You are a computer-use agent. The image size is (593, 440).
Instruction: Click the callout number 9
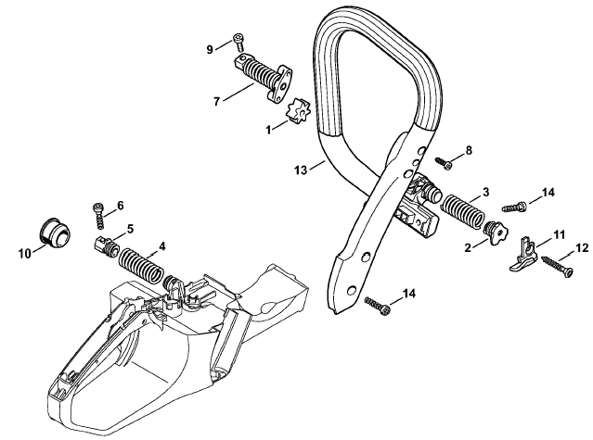210,49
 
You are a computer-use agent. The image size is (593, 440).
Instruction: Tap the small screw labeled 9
238,42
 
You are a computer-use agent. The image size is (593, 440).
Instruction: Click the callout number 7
217,102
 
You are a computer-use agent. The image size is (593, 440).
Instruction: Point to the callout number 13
301,170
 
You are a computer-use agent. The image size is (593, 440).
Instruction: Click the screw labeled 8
444,163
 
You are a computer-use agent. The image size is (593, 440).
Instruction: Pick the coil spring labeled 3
463,212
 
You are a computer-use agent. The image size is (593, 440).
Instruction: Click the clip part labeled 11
524,255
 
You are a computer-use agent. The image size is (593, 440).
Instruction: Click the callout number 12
583,248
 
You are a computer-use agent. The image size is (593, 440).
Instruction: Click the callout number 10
24,254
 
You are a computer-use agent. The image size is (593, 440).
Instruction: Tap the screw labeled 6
98,216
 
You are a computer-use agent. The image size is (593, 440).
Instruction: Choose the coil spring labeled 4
141,265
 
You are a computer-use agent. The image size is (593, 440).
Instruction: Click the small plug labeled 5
107,247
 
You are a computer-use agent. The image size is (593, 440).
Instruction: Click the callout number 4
161,246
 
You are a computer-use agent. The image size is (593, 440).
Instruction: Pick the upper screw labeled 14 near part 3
515,207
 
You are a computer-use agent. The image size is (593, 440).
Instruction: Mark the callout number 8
469,151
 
